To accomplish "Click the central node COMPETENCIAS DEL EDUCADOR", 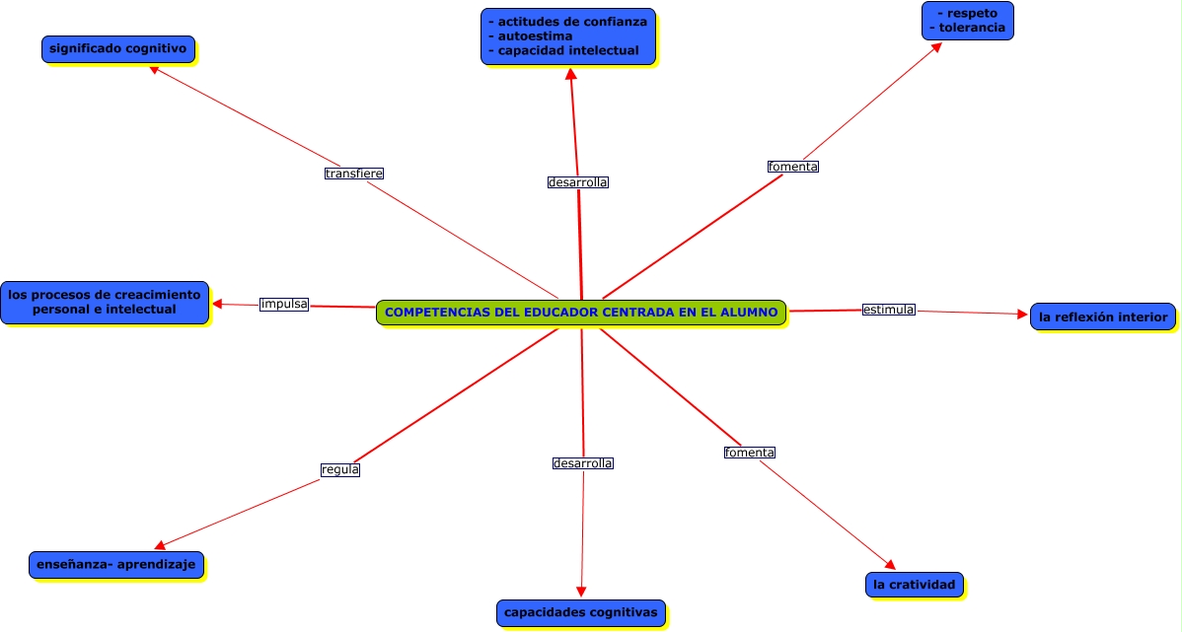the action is (x=581, y=313).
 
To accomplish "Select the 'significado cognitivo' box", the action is (x=118, y=48).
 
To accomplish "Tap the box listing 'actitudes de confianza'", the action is (x=568, y=36).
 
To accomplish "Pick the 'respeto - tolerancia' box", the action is (x=967, y=21).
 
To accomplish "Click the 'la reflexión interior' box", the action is (x=1102, y=316).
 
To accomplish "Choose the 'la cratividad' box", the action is (x=914, y=585).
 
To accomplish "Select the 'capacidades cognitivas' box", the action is (x=580, y=612).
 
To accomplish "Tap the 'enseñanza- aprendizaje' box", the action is (x=116, y=565).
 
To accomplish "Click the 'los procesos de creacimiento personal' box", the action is (x=105, y=302).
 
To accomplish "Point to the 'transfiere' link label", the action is (x=353, y=174).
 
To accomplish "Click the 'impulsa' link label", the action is (x=284, y=304).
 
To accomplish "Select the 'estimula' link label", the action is (x=888, y=310).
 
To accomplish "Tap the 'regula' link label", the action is (x=340, y=469).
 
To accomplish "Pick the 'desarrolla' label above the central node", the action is (x=577, y=182).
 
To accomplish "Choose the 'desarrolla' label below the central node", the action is (x=582, y=463).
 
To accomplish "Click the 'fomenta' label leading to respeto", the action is (x=793, y=167).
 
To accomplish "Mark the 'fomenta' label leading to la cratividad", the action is (x=750, y=453).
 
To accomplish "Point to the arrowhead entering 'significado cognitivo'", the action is (x=154, y=70).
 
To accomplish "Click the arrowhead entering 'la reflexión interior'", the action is (x=1022, y=315).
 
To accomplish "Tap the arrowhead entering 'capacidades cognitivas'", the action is (x=581, y=592).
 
